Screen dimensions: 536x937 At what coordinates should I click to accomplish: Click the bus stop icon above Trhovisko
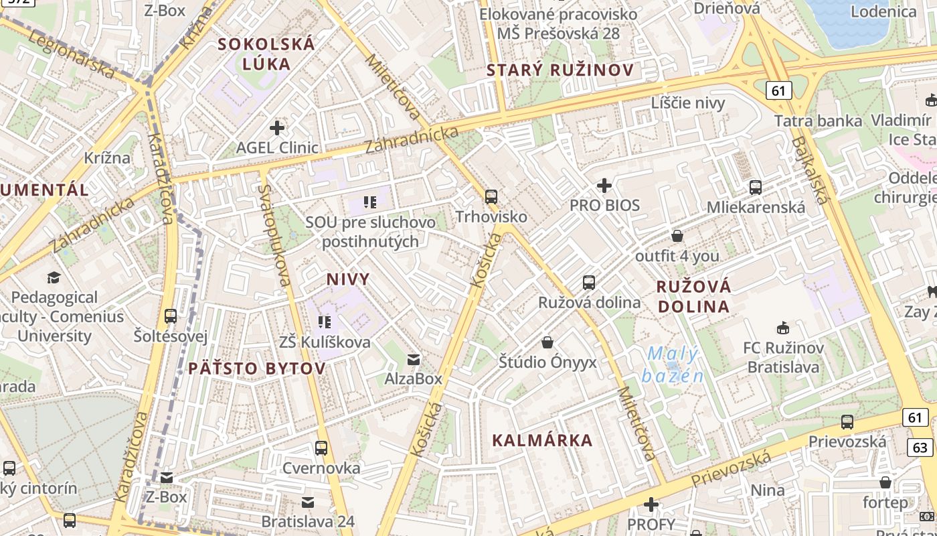(x=491, y=197)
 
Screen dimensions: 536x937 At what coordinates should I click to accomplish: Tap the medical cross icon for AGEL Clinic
(x=277, y=127)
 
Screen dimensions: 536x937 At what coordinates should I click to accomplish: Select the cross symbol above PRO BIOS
(x=604, y=185)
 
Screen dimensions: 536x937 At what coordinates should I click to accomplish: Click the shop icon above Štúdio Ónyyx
(x=547, y=343)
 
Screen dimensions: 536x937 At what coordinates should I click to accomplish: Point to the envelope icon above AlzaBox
(x=414, y=360)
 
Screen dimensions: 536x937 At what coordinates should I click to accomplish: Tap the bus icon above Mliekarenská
(x=756, y=188)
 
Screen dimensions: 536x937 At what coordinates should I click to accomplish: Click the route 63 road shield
(x=921, y=447)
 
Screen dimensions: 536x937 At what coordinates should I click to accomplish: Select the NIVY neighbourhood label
(x=348, y=279)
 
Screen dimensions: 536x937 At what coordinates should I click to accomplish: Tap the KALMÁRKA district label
(x=542, y=440)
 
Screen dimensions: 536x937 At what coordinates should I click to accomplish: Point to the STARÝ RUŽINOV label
(x=560, y=70)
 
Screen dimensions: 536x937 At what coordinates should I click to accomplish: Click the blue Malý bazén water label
(x=673, y=364)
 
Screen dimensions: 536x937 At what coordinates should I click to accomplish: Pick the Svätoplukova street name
(x=275, y=235)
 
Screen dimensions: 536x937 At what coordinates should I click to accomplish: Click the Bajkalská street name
(x=809, y=171)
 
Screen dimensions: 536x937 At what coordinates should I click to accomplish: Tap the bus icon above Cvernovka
(x=321, y=448)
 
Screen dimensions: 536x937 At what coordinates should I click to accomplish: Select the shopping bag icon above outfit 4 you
(x=677, y=236)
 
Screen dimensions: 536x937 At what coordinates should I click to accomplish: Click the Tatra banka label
(x=818, y=121)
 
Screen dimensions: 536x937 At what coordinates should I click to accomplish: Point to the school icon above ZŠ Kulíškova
(x=325, y=322)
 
